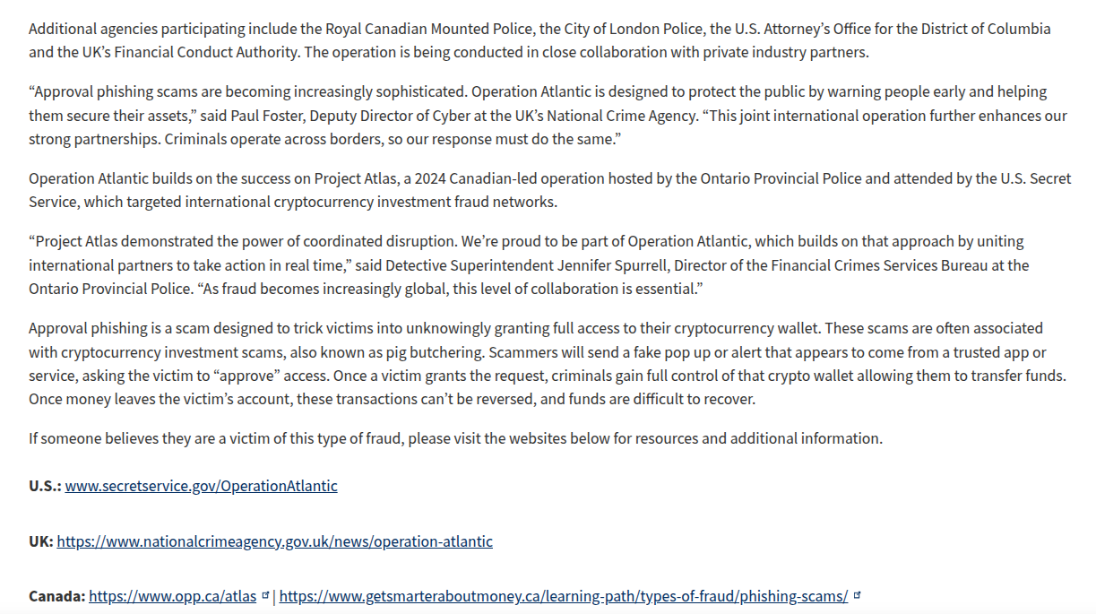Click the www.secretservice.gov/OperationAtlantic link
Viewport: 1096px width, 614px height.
pos(201,486)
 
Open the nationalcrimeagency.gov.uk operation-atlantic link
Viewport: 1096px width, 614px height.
pos(274,541)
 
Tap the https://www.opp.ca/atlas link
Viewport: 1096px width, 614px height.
pos(172,596)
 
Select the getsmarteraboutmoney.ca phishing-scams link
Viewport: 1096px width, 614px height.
pos(563,596)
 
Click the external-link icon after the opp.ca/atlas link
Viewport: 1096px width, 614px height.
pos(265,595)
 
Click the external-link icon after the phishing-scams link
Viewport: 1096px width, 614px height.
pos(857,595)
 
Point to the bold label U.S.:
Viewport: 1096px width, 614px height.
pos(45,486)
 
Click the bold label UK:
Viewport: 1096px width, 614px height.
pos(41,541)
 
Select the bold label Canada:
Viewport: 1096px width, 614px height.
pos(56,596)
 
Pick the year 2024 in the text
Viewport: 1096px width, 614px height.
pos(390,178)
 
